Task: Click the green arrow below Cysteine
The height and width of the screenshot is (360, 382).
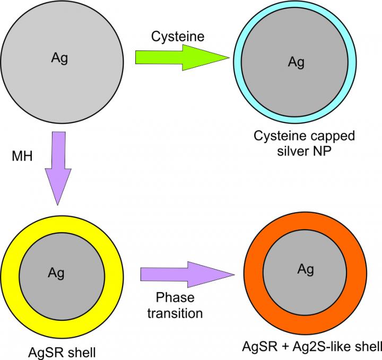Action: click(x=183, y=58)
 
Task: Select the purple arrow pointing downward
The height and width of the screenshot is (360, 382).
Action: click(x=58, y=169)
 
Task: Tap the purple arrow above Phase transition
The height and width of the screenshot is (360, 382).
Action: click(x=188, y=275)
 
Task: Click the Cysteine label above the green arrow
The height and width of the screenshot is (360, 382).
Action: click(x=178, y=37)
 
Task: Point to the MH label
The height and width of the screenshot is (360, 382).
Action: click(x=22, y=156)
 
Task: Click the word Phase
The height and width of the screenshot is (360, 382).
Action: click(x=175, y=297)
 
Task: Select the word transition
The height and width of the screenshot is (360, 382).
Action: click(x=175, y=313)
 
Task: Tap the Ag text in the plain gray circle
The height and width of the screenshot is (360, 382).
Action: click(x=59, y=59)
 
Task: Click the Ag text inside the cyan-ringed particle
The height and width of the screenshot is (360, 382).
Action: click(x=296, y=63)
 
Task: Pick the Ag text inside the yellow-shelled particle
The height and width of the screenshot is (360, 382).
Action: click(x=56, y=274)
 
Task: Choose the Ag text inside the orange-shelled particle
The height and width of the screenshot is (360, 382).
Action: click(x=306, y=270)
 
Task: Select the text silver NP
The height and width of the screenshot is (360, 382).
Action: click(x=305, y=152)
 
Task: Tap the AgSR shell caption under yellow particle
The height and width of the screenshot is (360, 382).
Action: click(x=62, y=353)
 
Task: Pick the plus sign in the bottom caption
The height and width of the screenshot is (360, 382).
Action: click(x=284, y=347)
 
